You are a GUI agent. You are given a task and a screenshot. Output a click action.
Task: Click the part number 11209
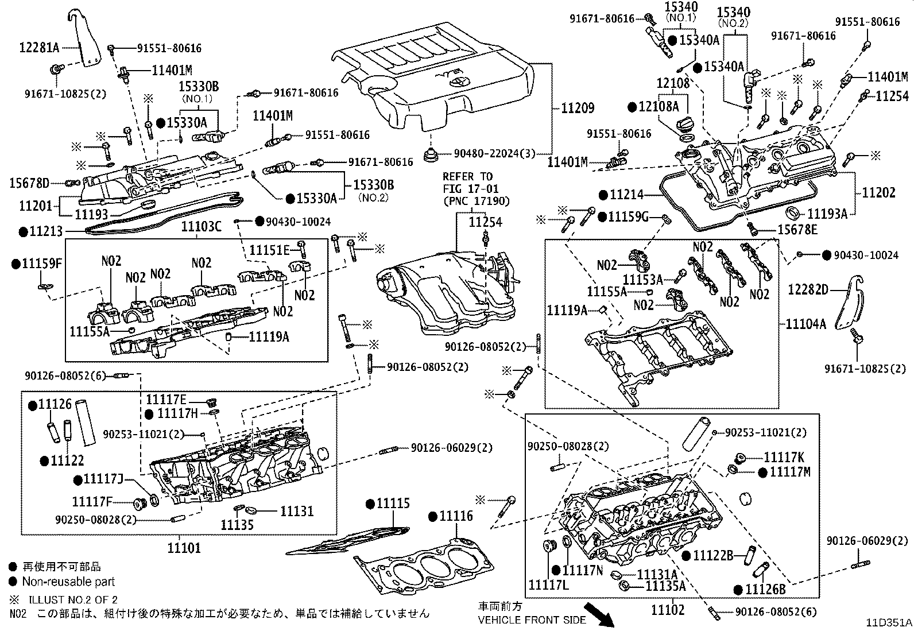(578, 108)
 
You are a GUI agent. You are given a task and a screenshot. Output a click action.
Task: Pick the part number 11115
(393, 504)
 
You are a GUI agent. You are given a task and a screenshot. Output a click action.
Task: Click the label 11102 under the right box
(668, 610)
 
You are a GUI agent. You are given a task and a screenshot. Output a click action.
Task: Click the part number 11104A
(805, 324)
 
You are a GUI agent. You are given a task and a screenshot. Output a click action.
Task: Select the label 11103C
(201, 227)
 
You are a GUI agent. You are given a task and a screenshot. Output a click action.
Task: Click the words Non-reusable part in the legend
(69, 582)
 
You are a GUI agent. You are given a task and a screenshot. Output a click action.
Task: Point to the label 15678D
(29, 183)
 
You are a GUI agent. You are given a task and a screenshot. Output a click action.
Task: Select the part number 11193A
(827, 214)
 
